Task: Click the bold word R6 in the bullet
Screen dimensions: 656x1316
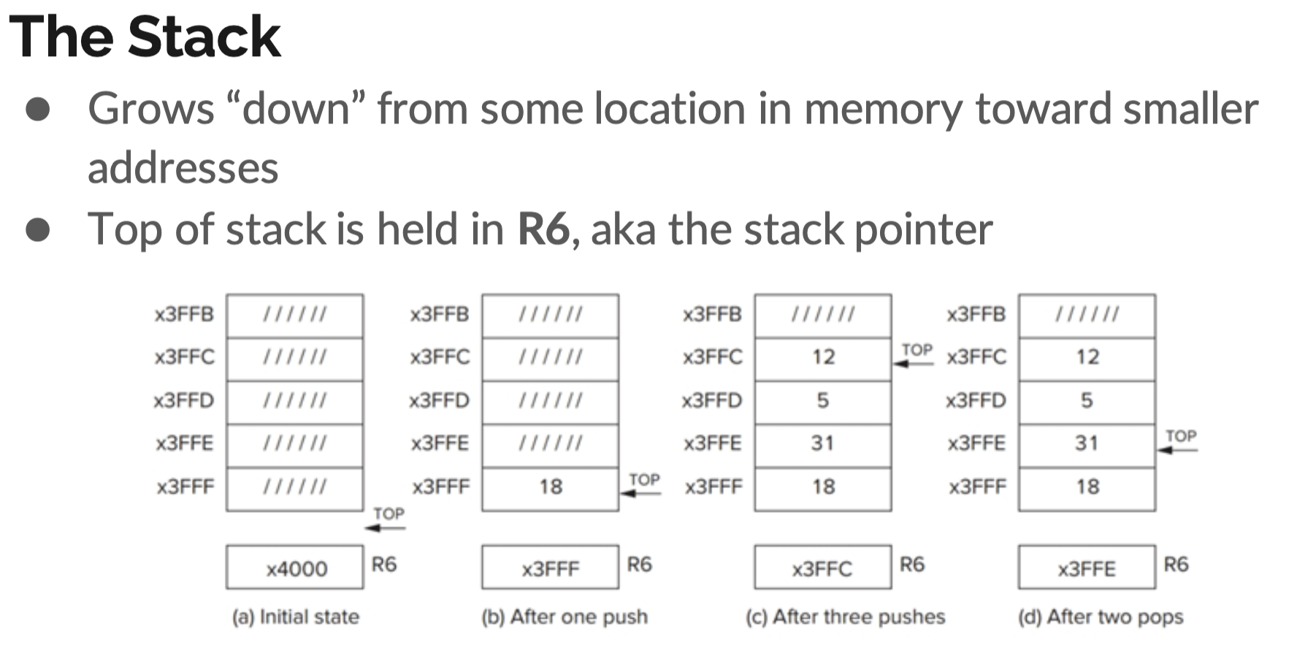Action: (543, 229)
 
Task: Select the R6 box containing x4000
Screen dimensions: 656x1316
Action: (294, 568)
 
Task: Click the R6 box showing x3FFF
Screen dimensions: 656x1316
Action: (550, 568)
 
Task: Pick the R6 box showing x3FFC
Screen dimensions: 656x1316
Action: (822, 568)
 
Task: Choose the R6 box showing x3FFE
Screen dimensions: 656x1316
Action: (1087, 568)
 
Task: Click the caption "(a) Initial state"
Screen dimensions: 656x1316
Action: (296, 617)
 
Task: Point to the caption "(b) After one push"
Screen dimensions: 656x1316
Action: (565, 617)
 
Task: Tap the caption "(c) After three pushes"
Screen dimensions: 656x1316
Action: (845, 617)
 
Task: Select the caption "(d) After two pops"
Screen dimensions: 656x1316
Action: (1101, 617)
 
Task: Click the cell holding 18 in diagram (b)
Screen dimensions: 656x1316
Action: (550, 487)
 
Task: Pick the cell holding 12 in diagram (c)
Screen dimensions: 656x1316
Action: (823, 357)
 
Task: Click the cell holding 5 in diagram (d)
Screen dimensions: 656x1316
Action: (1087, 400)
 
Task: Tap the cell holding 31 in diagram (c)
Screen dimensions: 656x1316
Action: (823, 443)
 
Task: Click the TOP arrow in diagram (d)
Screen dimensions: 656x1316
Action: (1179, 443)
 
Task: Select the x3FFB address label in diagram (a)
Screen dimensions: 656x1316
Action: (184, 315)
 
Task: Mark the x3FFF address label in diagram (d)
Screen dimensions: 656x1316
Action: (977, 487)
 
